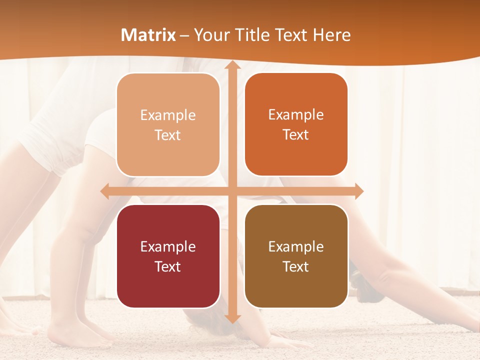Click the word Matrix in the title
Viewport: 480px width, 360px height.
pos(148,35)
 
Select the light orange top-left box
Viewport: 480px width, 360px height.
pos(168,125)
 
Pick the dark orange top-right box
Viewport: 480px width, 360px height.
pos(296,124)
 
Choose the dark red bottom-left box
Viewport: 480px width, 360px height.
pos(168,256)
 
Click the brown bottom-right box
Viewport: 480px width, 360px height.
pos(296,256)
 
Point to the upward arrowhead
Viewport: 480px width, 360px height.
pos(232,66)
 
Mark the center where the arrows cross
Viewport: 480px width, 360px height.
pos(232,191)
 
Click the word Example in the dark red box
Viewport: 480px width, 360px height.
pos(168,246)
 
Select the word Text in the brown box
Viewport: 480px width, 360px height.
pos(296,266)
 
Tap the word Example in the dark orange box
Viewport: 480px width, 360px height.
pos(296,114)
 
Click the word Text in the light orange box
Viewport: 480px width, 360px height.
pos(168,135)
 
